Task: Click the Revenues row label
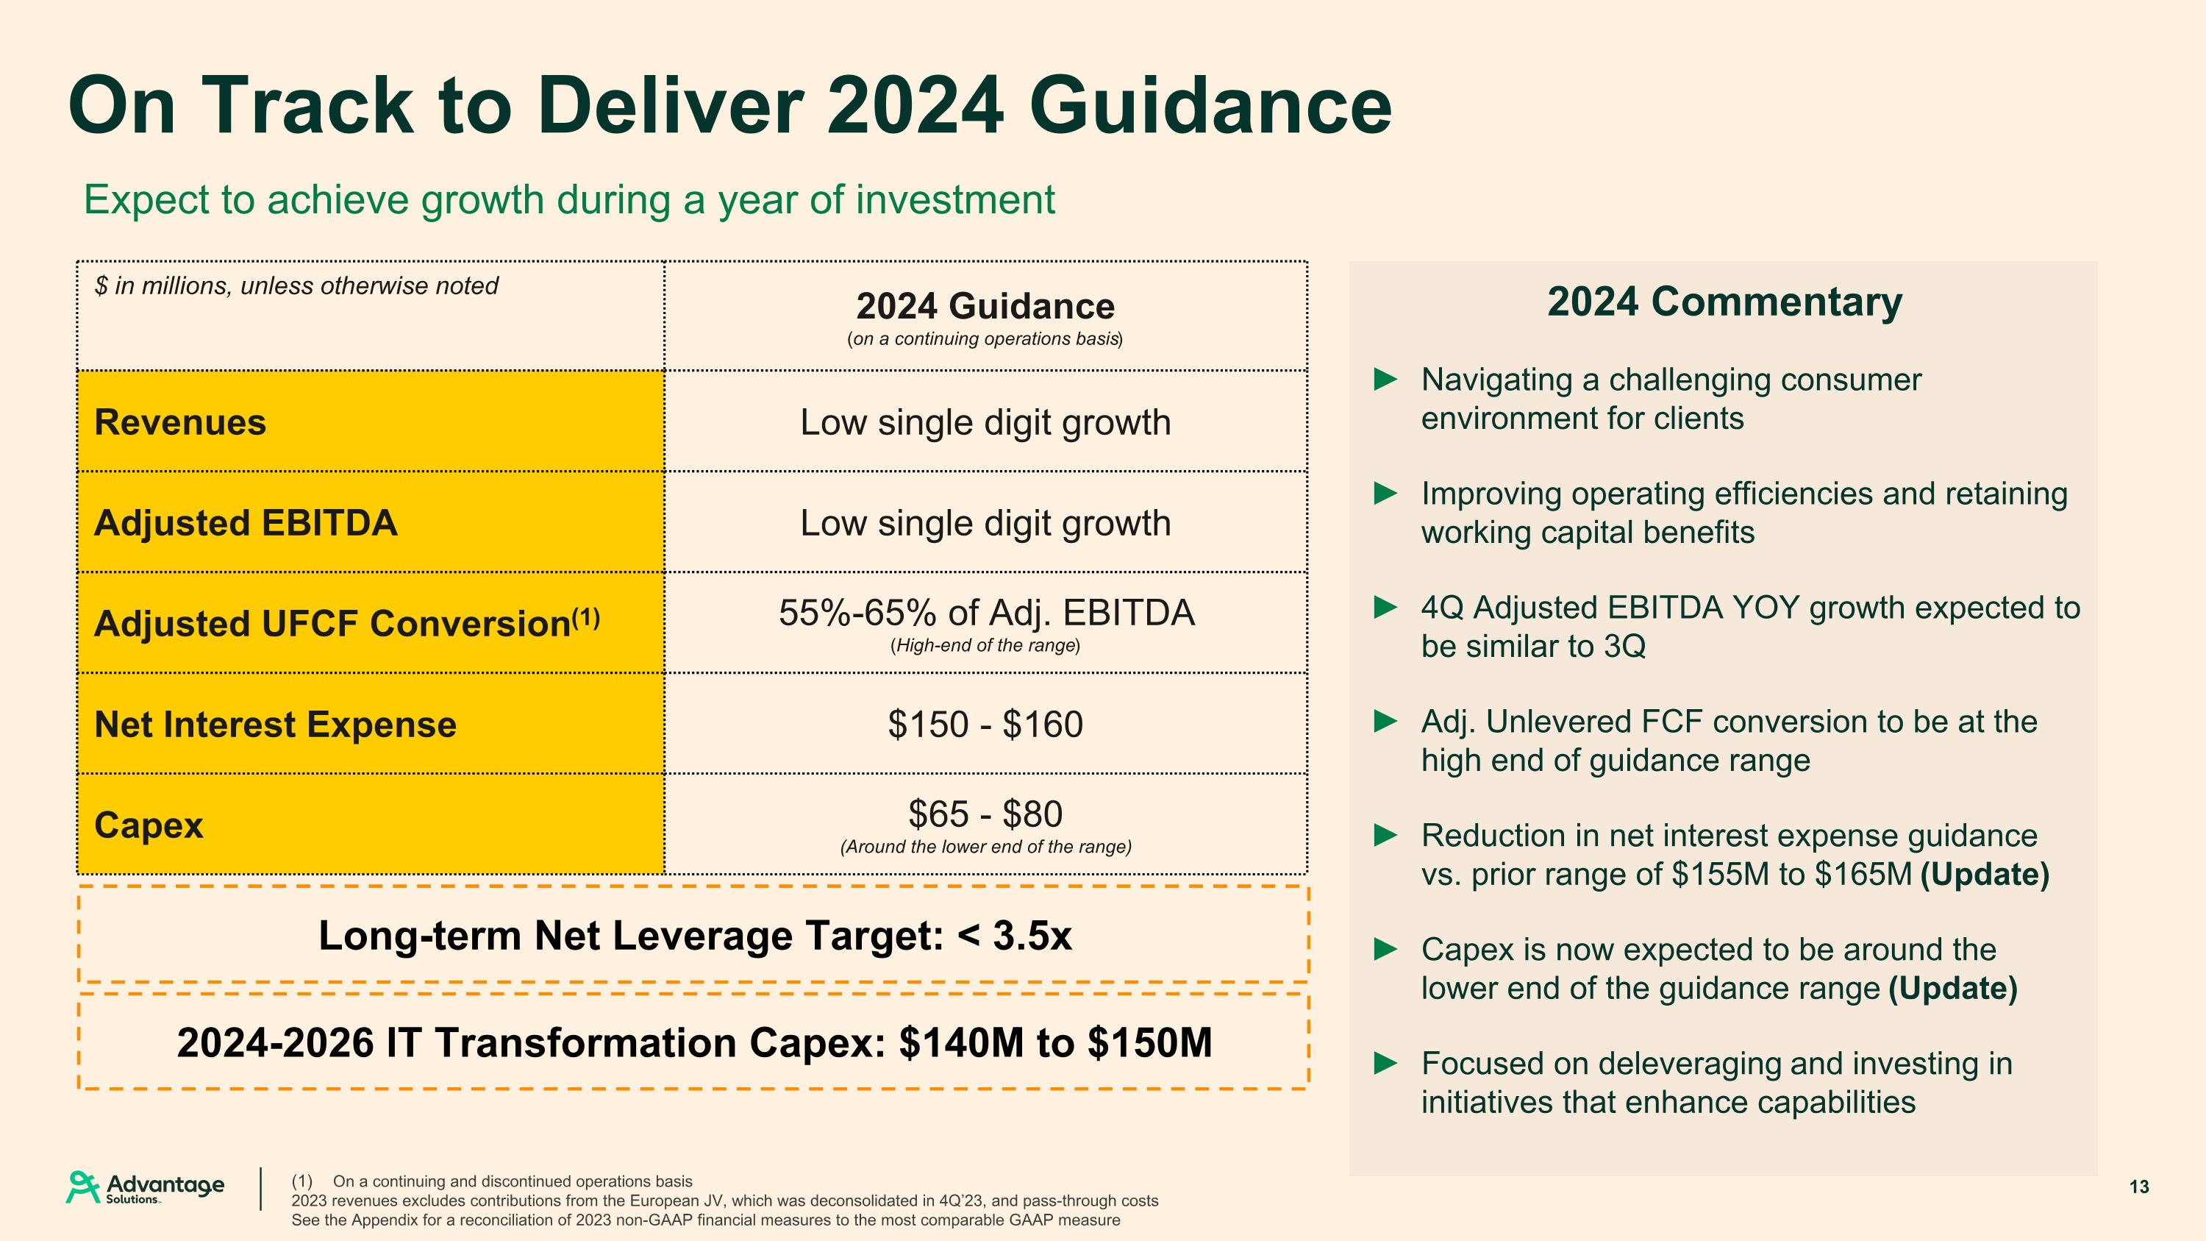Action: coord(180,422)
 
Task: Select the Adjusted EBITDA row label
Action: coord(246,523)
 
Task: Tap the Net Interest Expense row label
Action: coord(275,725)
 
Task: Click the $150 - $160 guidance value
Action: coord(985,725)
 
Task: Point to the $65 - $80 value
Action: coord(985,814)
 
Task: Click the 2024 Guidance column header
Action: coord(985,307)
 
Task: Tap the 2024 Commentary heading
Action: coord(1724,302)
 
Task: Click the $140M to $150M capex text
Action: coord(1055,1043)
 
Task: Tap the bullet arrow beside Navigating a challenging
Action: coord(1385,380)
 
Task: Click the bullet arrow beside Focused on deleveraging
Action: coord(1385,1064)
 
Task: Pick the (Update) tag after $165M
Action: coord(1984,875)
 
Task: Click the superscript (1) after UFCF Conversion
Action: coord(586,616)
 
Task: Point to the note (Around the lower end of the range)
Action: coord(985,847)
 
